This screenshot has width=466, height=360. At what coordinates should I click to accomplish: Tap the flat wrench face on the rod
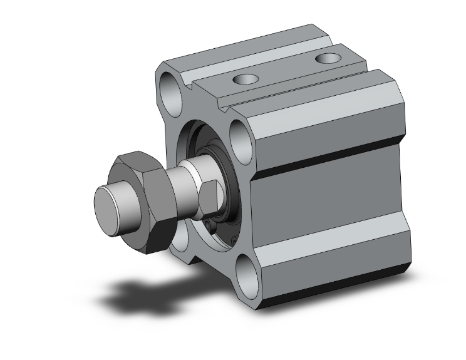(212, 195)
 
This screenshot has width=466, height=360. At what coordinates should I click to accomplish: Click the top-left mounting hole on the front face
(170, 90)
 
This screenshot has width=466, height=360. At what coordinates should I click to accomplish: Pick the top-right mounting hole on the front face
(241, 134)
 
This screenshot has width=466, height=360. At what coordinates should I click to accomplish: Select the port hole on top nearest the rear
(326, 58)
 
